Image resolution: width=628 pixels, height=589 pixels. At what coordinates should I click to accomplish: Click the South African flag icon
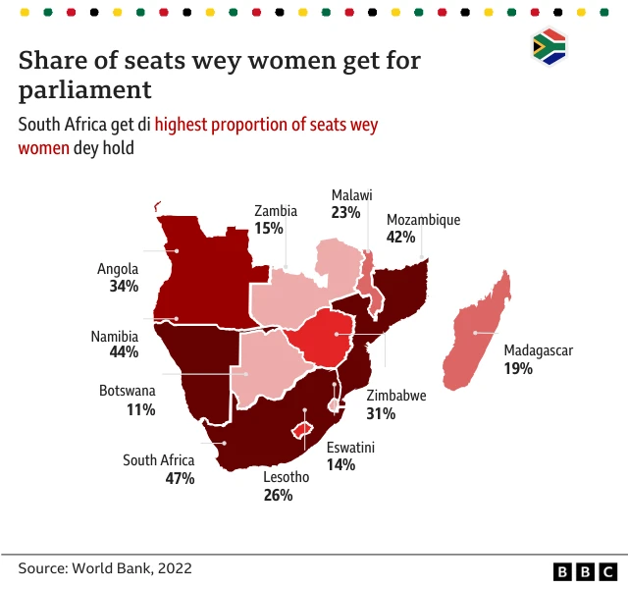549,47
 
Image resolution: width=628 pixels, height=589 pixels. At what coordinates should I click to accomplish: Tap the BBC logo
585,571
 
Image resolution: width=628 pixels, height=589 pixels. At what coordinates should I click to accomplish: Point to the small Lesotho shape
303,431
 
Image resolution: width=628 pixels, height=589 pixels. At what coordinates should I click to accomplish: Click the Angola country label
118,269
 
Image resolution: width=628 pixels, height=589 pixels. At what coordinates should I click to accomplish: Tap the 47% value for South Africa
180,478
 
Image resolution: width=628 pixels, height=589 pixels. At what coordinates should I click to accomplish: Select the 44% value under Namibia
124,352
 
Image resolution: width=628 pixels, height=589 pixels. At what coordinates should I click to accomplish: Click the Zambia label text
276,210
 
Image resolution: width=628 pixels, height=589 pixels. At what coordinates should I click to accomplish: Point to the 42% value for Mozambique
402,237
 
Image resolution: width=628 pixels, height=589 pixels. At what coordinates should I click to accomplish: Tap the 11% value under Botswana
140,408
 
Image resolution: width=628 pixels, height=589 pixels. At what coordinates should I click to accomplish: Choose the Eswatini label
350,448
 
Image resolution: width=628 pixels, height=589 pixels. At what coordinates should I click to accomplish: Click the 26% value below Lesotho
278,495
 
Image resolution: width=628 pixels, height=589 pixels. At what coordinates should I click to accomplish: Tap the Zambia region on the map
294,294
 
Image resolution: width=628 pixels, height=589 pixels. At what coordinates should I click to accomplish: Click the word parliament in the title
85,90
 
